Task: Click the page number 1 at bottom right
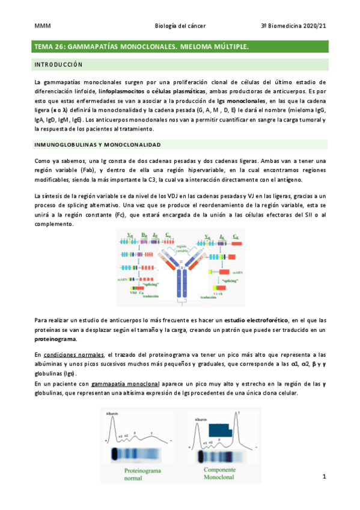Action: [324, 477]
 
